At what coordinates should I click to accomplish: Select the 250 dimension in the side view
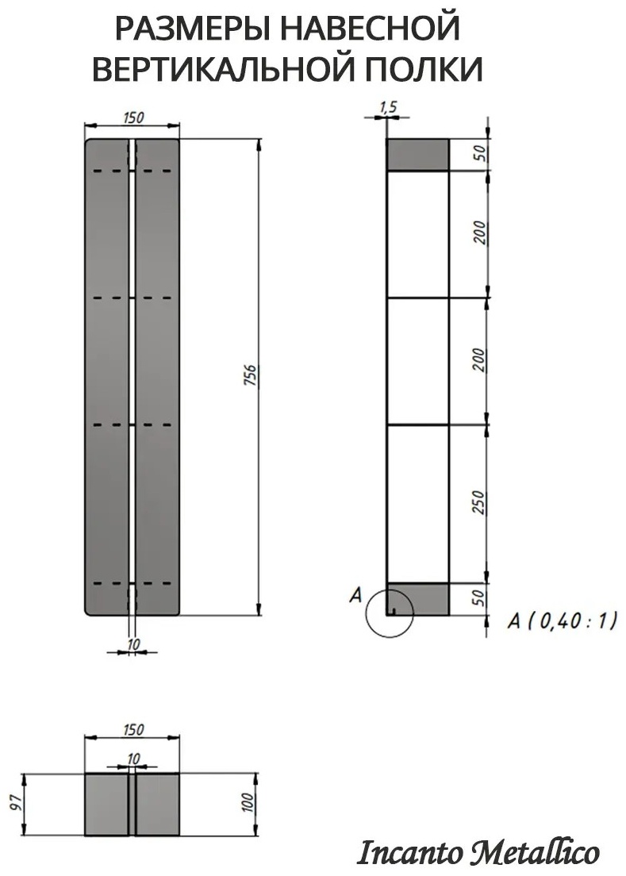(478, 502)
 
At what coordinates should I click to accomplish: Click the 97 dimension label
(17, 803)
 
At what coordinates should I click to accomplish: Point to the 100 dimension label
(248, 803)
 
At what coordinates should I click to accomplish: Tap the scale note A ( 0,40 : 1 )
(562, 620)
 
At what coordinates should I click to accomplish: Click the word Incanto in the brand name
(410, 853)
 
